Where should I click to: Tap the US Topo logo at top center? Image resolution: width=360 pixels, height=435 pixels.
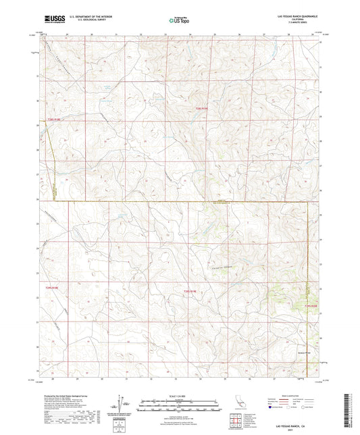pos(177,21)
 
